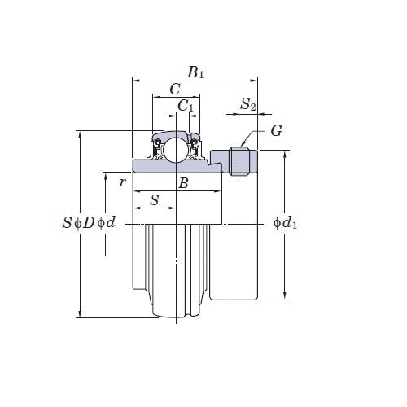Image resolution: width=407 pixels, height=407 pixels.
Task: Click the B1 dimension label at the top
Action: [195, 72]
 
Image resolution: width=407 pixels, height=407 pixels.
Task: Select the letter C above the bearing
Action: [174, 90]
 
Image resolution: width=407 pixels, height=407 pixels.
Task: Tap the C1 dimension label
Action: [186, 105]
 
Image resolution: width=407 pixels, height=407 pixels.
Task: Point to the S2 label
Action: [248, 105]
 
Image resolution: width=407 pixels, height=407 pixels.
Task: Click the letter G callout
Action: [276, 131]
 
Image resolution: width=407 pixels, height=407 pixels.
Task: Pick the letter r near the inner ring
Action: [122, 182]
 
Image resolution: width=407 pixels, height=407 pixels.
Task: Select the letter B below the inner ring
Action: [183, 184]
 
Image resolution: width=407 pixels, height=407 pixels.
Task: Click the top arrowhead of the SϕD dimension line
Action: [80, 135]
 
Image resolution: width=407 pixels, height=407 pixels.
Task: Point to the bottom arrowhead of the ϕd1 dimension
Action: [284, 295]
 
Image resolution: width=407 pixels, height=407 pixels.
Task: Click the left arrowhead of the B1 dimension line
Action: [137, 81]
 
